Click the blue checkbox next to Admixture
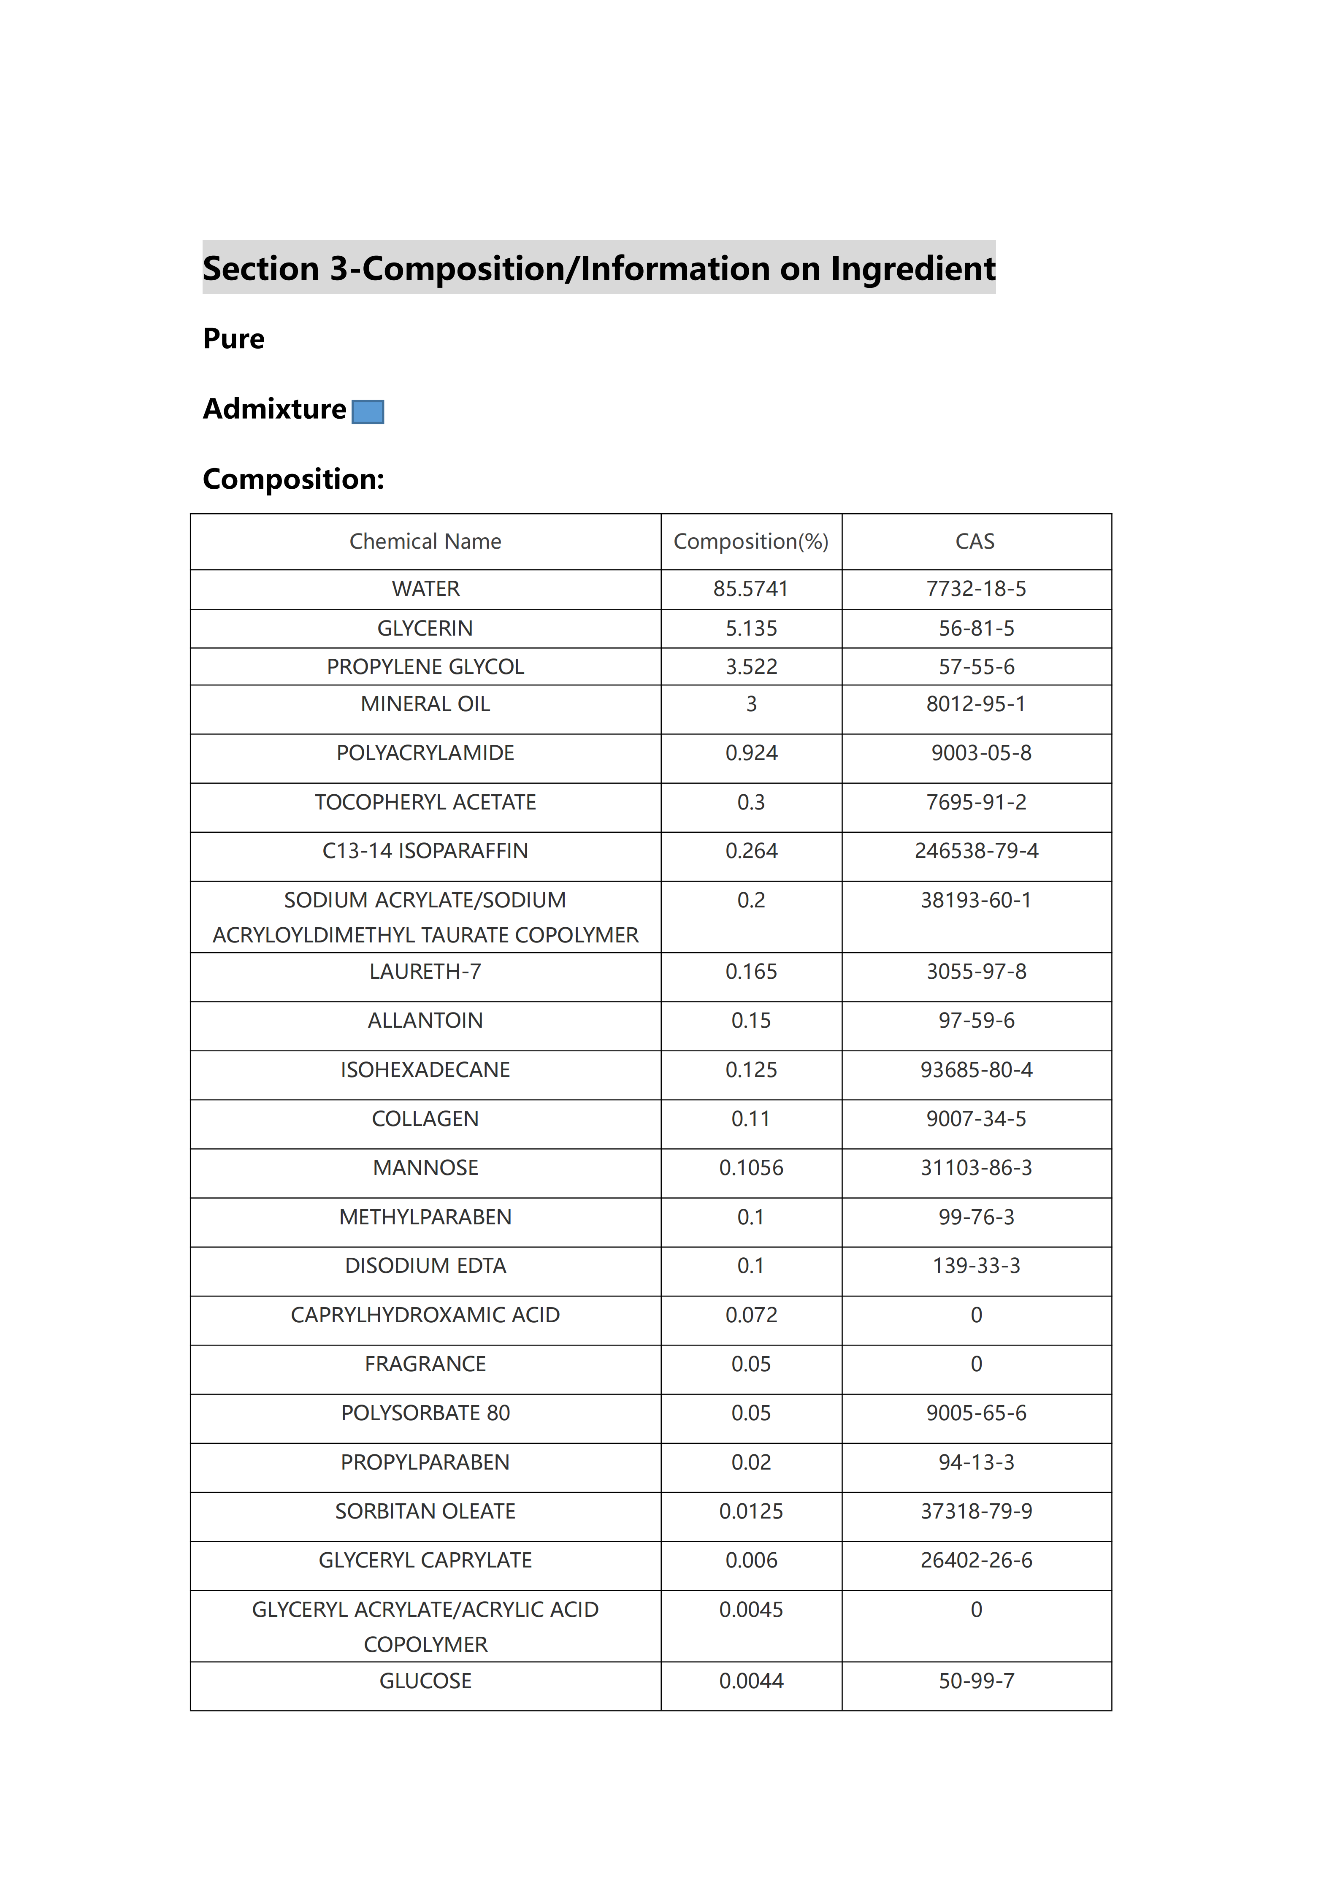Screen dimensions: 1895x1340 tap(368, 412)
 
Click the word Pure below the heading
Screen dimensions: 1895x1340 tap(233, 339)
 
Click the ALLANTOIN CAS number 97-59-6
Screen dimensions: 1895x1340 tap(976, 1021)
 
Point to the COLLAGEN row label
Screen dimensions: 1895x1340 tap(425, 1119)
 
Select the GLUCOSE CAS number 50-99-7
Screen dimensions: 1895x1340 tap(976, 1681)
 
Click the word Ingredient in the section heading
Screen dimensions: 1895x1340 tap(912, 269)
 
